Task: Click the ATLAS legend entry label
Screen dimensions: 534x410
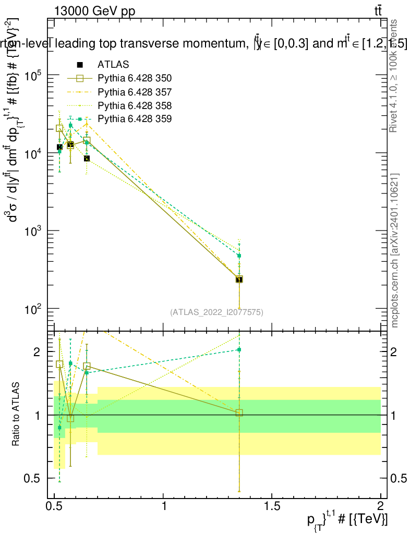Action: point(113,65)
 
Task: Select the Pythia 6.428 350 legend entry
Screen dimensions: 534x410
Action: point(135,78)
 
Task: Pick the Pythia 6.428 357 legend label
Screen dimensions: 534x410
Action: point(135,92)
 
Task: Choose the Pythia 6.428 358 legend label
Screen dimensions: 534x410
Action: point(135,105)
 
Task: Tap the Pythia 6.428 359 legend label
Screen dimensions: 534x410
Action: point(135,119)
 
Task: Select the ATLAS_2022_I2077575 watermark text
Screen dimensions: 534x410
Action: point(216,312)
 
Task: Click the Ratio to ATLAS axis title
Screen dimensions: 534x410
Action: point(16,415)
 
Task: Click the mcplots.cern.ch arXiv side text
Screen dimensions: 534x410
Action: point(395,250)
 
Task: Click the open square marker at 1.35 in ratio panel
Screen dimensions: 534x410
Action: point(239,412)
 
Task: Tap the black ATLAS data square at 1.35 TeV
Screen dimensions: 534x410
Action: point(239,280)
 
